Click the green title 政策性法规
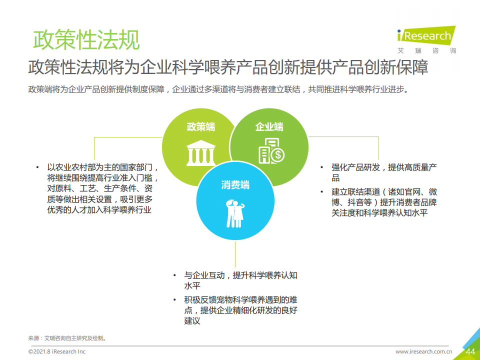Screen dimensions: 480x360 tap(86, 40)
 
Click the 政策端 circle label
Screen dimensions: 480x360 tap(201, 126)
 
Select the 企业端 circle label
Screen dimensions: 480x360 tap(269, 126)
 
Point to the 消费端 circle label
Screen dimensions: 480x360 tap(235, 185)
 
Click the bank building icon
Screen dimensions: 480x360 tap(201, 153)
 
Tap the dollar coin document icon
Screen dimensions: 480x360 tap(271, 150)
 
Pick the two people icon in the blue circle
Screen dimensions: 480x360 tap(235, 213)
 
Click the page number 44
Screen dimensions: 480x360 tap(470, 351)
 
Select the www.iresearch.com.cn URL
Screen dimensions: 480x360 tap(423, 351)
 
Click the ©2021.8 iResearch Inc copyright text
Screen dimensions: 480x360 tap(57, 351)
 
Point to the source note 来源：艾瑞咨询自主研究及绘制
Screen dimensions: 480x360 tap(67, 338)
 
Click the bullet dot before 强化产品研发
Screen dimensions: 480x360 tap(321, 167)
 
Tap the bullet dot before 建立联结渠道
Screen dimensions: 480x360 tap(321, 192)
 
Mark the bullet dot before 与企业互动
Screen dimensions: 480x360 tap(174, 275)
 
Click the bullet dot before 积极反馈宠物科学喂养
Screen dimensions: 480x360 tap(174, 299)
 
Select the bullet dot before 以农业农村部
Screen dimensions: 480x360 tap(37, 167)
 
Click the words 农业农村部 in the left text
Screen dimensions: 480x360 tap(75, 167)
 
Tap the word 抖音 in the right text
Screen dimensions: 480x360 tap(355, 202)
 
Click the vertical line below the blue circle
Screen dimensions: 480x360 tap(235, 254)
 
